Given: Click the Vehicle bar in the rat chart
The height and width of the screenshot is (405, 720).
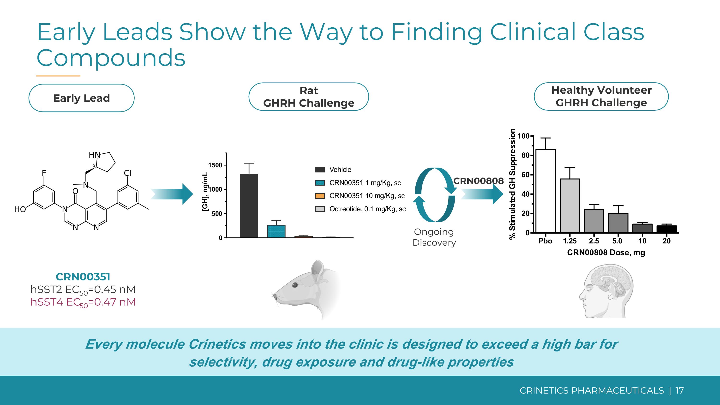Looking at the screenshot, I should pos(249,206).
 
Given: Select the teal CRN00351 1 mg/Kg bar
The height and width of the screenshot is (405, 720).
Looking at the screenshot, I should pos(276,231).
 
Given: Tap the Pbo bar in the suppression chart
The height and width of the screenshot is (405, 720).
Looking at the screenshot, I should pos(545,191).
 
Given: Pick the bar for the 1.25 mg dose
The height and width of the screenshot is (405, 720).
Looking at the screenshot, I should pos(570,206).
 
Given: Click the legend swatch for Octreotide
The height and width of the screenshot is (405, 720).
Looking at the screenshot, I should pos(320,209).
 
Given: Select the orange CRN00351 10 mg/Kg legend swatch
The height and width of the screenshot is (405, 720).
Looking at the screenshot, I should pos(320,196).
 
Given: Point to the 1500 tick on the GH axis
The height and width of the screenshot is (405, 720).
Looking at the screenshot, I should pos(216,165).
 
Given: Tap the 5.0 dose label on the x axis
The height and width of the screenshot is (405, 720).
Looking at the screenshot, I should pos(617,241).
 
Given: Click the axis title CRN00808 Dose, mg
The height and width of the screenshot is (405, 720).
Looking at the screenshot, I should pos(606,253).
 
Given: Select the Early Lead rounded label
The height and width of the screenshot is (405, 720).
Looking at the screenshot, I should pos(81,98).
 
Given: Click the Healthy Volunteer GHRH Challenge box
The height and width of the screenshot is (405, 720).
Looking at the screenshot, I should pos(601,97).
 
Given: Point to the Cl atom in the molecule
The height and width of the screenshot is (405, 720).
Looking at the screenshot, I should pos(127,173).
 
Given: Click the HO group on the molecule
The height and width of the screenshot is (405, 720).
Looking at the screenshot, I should pos(20,209).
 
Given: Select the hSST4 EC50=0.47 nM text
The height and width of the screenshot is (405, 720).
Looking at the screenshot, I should pos(83,302).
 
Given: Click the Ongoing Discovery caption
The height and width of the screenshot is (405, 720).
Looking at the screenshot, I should pos(434,237).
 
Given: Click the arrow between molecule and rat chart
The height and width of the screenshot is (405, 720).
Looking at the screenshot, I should pos(172,194).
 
